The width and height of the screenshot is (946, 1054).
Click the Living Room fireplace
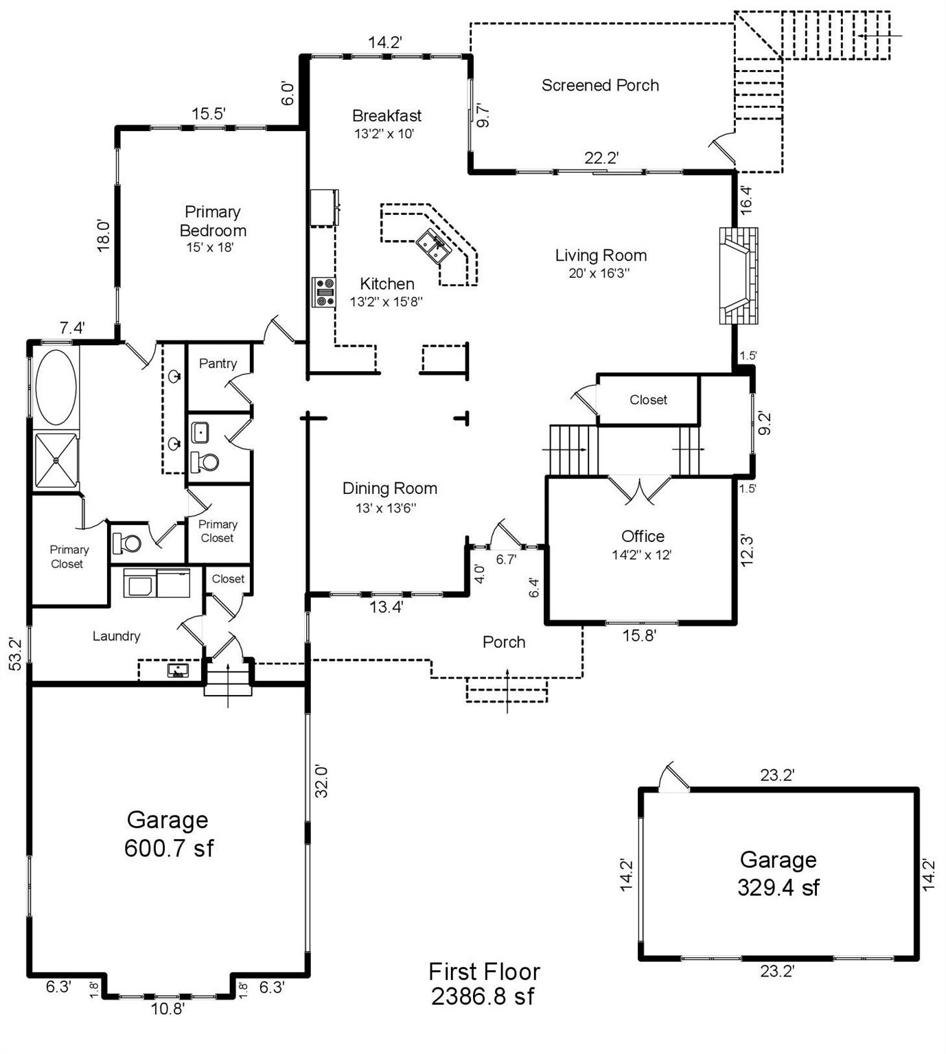pyautogui.click(x=739, y=275)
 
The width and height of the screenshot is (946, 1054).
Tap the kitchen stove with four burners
pyautogui.click(x=324, y=292)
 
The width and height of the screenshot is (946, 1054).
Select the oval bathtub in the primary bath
pyautogui.click(x=56, y=387)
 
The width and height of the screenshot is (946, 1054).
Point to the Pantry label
pyautogui.click(x=218, y=364)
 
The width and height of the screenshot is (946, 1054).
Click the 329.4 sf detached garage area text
pyautogui.click(x=778, y=887)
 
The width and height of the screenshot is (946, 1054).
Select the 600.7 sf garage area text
pyautogui.click(x=168, y=848)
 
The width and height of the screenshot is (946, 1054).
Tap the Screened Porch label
pyautogui.click(x=600, y=85)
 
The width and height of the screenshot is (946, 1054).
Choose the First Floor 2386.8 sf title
pyautogui.click(x=484, y=983)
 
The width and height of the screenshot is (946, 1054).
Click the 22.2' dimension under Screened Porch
pyautogui.click(x=601, y=158)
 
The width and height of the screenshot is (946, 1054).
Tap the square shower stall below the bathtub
pyautogui.click(x=56, y=461)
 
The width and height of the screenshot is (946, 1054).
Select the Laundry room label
pyautogui.click(x=116, y=636)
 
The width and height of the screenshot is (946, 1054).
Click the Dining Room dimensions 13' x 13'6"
pyautogui.click(x=386, y=508)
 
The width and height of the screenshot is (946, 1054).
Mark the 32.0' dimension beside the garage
pyautogui.click(x=321, y=781)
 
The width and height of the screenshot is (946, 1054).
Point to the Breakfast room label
pyautogui.click(x=387, y=115)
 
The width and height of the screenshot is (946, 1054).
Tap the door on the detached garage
pyautogui.click(x=673, y=779)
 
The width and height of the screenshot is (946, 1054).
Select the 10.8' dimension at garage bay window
pyautogui.click(x=168, y=1009)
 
